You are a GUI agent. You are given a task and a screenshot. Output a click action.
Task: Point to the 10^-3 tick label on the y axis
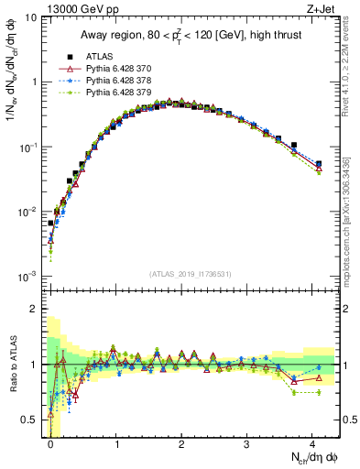(27, 276)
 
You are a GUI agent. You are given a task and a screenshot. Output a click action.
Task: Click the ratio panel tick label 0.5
(30, 420)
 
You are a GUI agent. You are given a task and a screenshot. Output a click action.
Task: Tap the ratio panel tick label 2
(35, 309)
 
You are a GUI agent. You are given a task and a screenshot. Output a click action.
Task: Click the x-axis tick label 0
(51, 445)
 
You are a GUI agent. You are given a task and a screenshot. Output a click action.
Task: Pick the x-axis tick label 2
(181, 445)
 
